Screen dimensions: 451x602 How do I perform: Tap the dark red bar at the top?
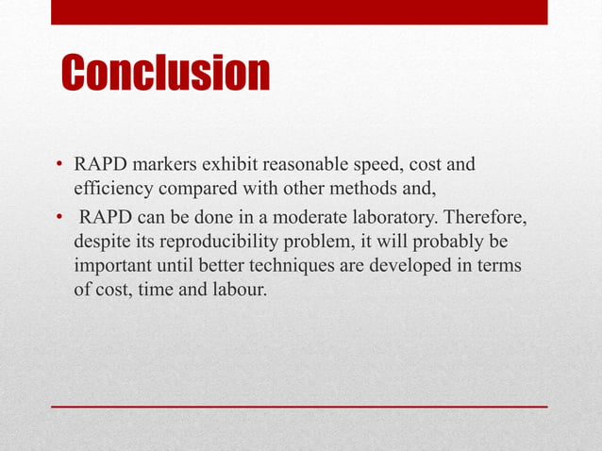299,11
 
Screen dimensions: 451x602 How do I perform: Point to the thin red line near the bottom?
299,406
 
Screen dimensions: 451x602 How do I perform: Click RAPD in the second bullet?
106,220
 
